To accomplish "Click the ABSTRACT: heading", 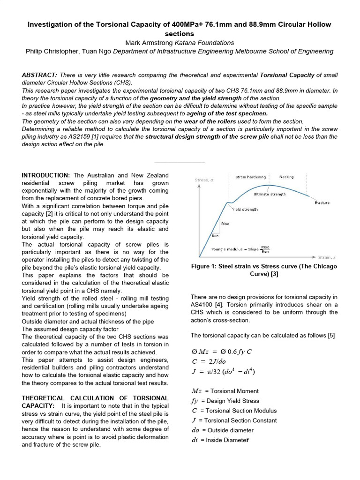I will click(x=39, y=75).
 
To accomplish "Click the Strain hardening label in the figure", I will click(x=250, y=177).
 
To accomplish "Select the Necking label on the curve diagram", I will click(x=286, y=177).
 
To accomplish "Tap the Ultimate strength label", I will click(x=269, y=194).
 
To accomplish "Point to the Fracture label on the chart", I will click(x=322, y=203).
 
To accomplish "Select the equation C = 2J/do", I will click(x=212, y=361).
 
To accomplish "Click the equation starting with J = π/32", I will click(x=224, y=372).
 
